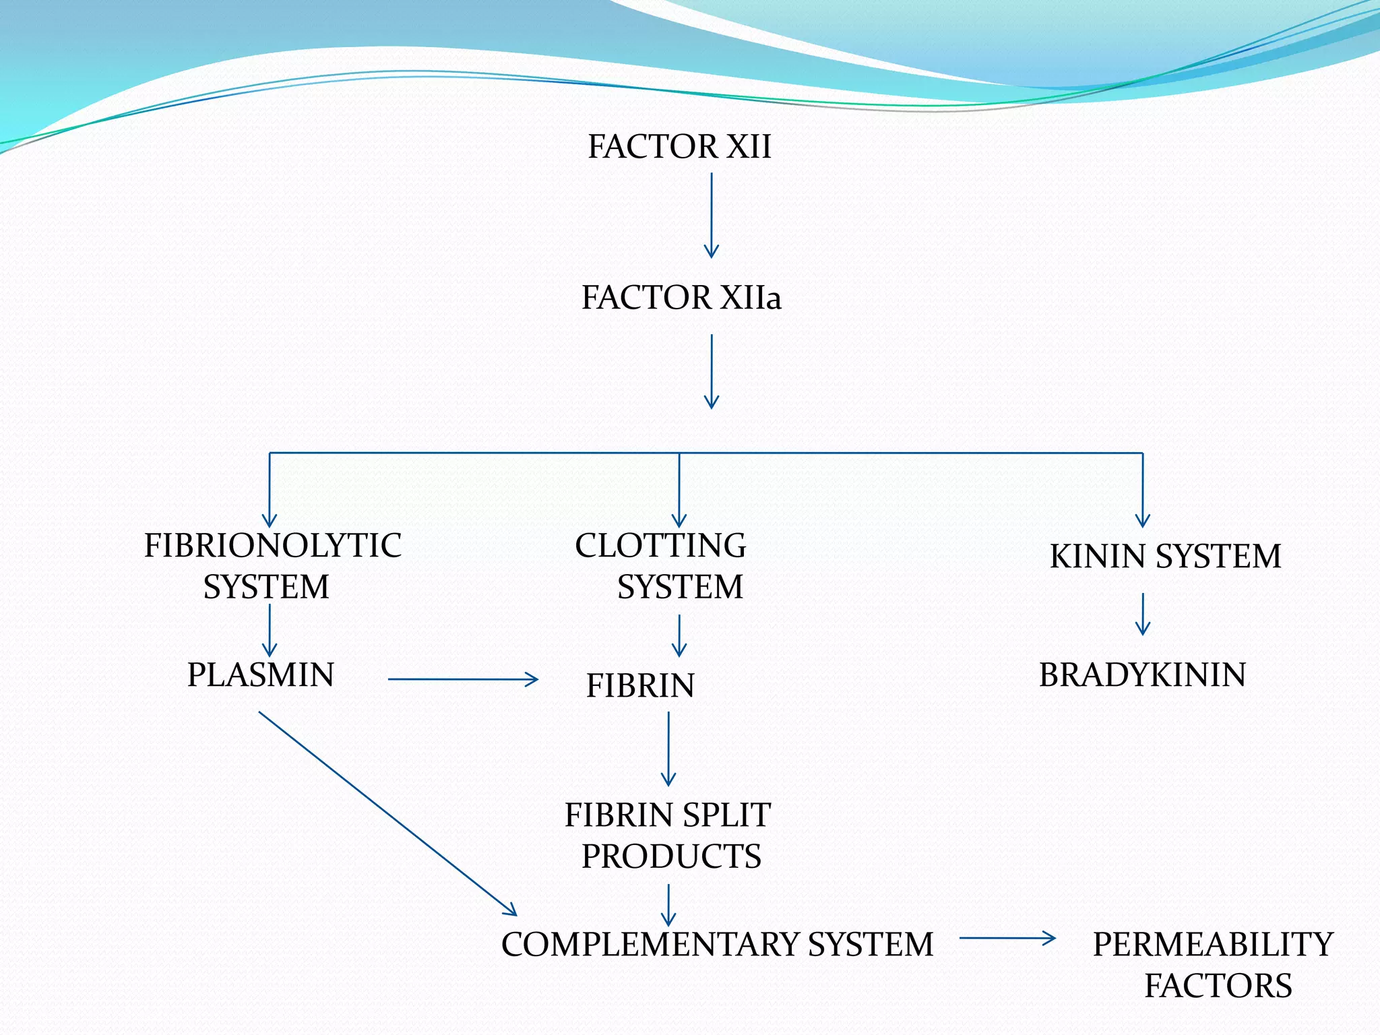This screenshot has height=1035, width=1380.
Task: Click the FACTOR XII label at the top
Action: (679, 147)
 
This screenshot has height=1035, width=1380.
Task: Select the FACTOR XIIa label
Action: (681, 298)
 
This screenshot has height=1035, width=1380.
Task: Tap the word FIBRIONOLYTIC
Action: (272, 546)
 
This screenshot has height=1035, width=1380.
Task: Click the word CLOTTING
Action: (660, 546)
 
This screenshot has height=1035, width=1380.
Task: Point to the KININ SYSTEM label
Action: (1165, 557)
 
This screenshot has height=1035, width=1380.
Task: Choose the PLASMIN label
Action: (261, 675)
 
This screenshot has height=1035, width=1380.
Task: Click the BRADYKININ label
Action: (1142, 675)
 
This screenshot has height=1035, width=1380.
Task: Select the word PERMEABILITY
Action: (1213, 945)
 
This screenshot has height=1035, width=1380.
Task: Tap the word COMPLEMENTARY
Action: (650, 945)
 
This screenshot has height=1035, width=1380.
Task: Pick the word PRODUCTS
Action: (671, 856)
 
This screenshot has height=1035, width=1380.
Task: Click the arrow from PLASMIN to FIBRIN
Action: (463, 679)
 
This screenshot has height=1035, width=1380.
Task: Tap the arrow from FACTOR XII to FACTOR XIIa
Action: (712, 216)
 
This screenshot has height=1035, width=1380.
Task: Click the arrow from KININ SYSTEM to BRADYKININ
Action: (1143, 614)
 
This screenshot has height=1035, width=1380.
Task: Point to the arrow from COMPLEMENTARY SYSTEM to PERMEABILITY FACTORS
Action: (1007, 937)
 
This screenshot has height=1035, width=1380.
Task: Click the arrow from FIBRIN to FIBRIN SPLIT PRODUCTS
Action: (668, 749)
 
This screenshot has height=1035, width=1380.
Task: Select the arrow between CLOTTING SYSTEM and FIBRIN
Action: (679, 635)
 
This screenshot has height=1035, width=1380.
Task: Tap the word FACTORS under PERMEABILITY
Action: (1218, 986)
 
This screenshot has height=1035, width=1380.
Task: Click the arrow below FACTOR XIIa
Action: (712, 371)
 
